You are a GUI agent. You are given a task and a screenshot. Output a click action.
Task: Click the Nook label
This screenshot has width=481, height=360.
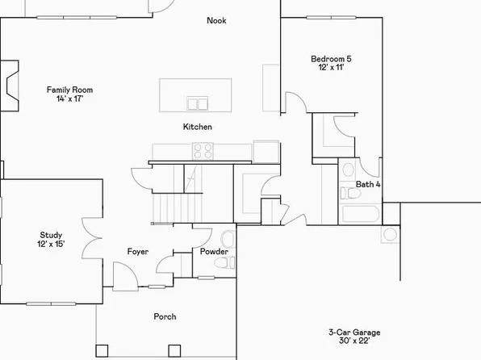tap(216, 21)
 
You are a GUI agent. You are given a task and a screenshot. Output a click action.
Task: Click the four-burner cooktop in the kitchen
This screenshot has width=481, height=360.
tap(203, 149)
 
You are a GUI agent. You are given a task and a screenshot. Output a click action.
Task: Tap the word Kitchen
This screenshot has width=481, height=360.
tap(198, 127)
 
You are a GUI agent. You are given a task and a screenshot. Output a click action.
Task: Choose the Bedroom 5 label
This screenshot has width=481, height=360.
tap(331, 59)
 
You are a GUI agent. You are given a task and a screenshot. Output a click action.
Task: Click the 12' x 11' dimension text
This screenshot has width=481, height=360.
tap(331, 69)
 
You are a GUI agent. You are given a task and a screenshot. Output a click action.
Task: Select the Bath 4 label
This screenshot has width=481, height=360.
tap(368, 185)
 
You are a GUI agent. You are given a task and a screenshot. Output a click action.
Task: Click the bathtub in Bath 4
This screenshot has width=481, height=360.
tap(360, 215)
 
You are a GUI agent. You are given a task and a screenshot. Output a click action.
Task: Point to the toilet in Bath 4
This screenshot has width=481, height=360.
tap(348, 171)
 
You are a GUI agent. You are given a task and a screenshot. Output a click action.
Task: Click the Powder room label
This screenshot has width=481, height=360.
tap(215, 253)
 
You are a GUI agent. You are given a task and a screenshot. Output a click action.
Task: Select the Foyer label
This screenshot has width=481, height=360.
tap(138, 252)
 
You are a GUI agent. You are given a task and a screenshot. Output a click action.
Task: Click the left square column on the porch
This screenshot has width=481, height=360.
tap(101, 350)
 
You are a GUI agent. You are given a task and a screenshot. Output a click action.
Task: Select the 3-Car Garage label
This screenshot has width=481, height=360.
tap(354, 333)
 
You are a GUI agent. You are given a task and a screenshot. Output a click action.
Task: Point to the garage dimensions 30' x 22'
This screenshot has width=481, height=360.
tap(354, 342)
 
